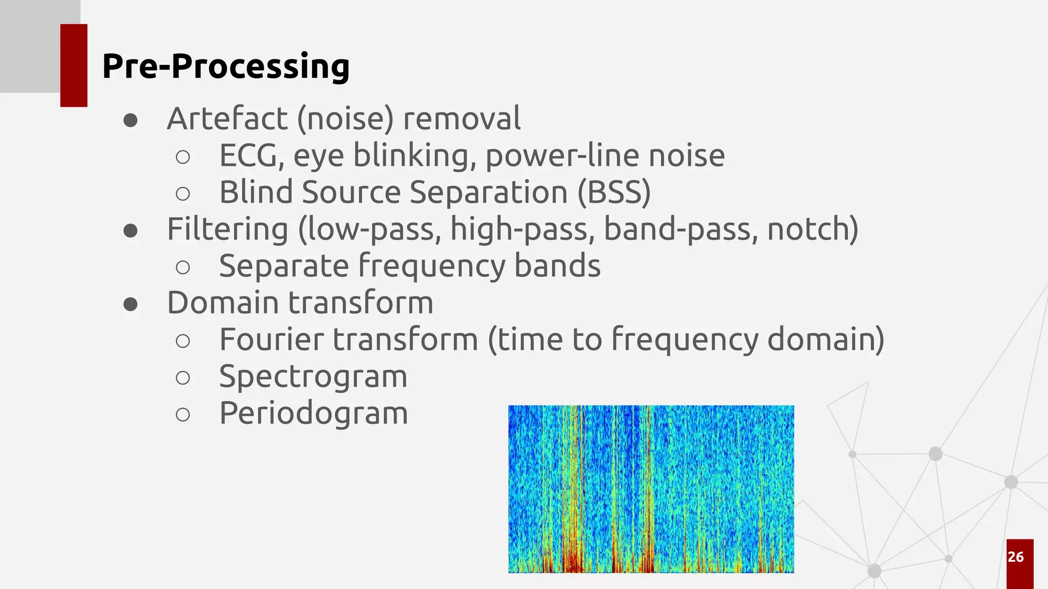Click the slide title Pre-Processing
(x=226, y=66)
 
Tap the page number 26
(x=1016, y=557)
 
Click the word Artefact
(x=227, y=119)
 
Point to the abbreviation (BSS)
(x=614, y=193)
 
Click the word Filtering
(x=228, y=229)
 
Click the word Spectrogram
(x=313, y=377)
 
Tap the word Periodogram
(x=313, y=413)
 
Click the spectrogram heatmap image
(x=651, y=489)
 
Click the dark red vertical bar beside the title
(x=74, y=65)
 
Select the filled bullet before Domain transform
(x=130, y=304)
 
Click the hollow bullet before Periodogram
(x=183, y=414)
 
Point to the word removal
(x=462, y=119)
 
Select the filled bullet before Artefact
(x=130, y=120)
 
